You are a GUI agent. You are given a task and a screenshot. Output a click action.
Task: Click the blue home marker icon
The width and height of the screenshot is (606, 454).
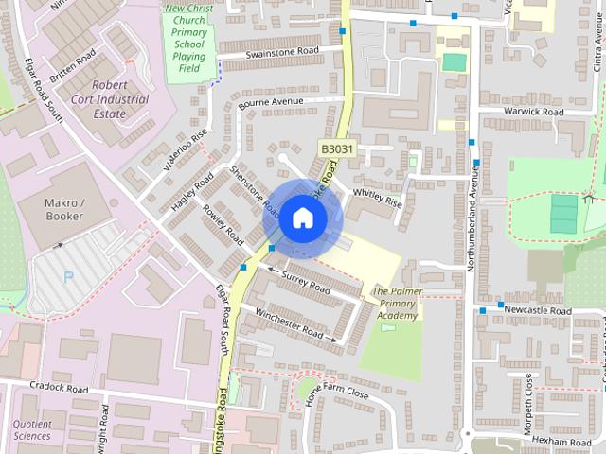[x=301, y=218]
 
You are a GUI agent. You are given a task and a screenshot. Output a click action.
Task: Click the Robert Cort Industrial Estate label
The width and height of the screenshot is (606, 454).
[x=113, y=106]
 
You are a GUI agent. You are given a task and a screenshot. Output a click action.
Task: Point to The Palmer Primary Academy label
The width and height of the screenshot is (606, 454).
[x=395, y=303]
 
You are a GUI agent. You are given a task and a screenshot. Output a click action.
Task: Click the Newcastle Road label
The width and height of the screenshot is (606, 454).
[x=538, y=310]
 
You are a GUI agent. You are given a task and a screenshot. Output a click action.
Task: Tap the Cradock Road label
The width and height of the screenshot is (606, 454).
[x=59, y=388]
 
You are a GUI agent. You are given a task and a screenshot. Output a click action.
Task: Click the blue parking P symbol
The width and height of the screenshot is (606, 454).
[x=66, y=277]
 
